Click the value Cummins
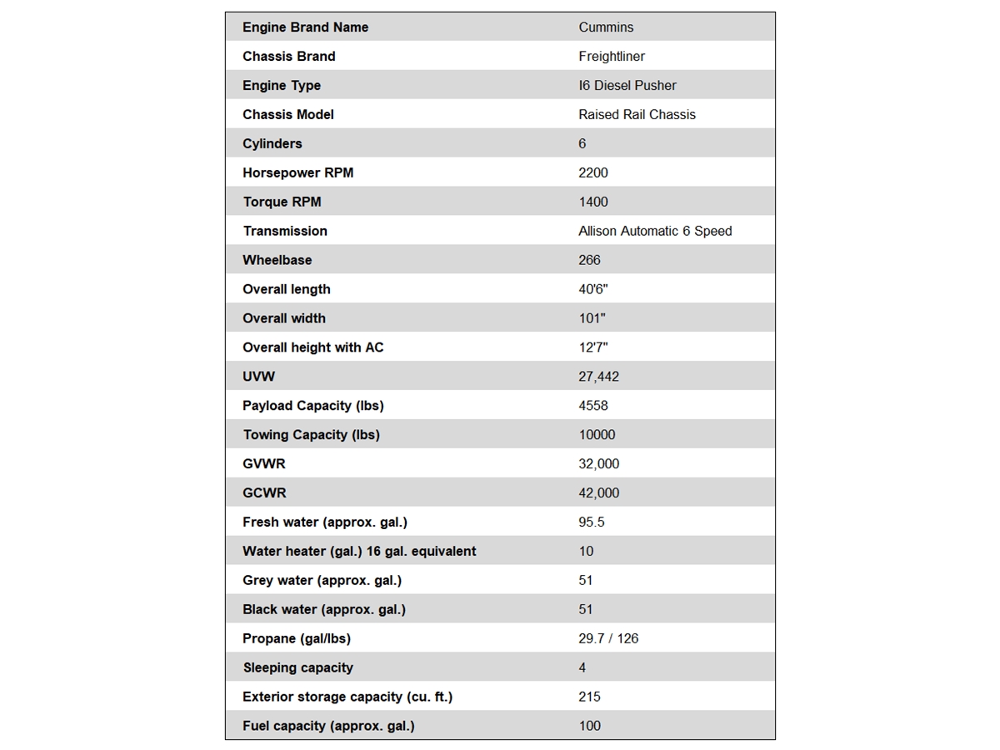606,27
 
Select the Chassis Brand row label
288,57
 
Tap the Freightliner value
612,57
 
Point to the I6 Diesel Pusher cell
627,86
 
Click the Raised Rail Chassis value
637,115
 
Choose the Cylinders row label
272,144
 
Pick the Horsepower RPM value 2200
593,173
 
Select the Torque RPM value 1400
593,202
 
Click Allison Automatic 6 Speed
655,231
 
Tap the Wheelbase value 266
589,260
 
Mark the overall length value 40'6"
593,289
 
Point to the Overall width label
283,318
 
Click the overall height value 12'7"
593,347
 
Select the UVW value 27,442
598,377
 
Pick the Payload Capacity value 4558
593,406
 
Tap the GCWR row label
264,493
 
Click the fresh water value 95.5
592,522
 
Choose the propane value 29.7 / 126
608,638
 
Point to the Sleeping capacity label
297,667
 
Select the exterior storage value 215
589,697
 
